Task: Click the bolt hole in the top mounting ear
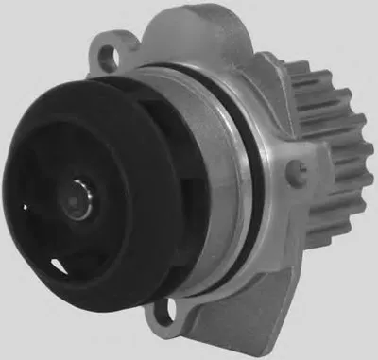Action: (120, 43)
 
